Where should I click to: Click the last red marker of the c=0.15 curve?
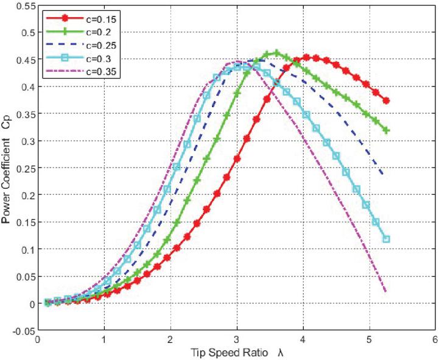[x=386, y=101]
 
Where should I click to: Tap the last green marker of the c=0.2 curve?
[x=386, y=130]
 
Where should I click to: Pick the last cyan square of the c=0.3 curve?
[x=386, y=239]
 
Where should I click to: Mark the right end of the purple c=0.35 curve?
[x=386, y=292]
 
